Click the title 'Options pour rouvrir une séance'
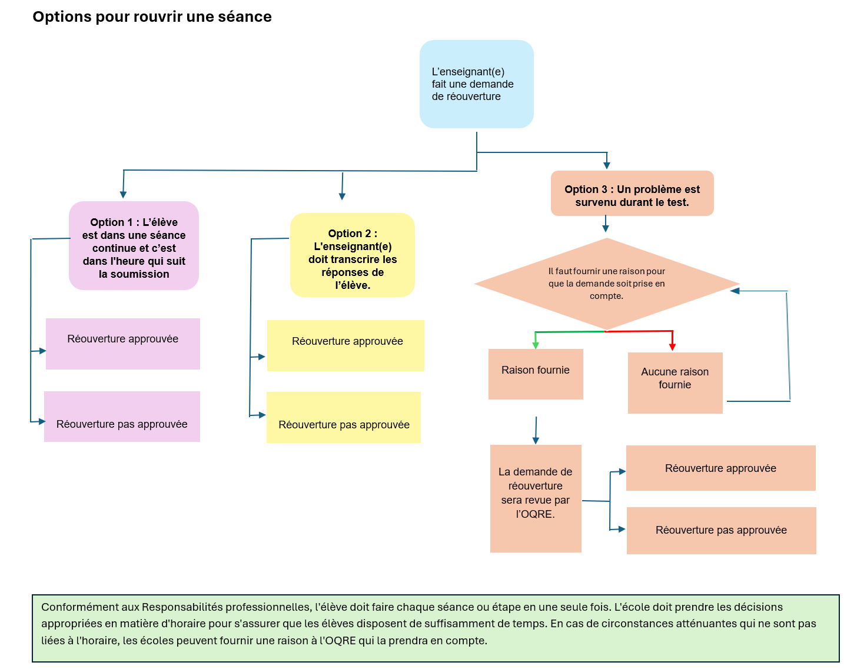point(152,17)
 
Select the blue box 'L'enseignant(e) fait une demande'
point(476,84)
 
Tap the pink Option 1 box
point(134,245)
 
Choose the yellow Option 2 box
point(352,255)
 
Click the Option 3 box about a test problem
point(632,194)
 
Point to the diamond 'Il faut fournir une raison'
point(607,284)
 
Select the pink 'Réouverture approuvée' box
point(123,344)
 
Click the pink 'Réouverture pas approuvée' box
point(122,417)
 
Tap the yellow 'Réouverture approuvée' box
point(345,345)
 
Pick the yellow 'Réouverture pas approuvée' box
point(344,417)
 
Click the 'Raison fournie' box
point(536,374)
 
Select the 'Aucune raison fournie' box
point(675,382)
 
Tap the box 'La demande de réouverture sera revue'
point(536,498)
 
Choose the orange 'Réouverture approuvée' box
point(721,468)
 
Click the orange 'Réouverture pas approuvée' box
point(721,531)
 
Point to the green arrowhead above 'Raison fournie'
point(536,345)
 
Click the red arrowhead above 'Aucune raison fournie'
point(672,347)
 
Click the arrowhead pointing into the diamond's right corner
point(735,291)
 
